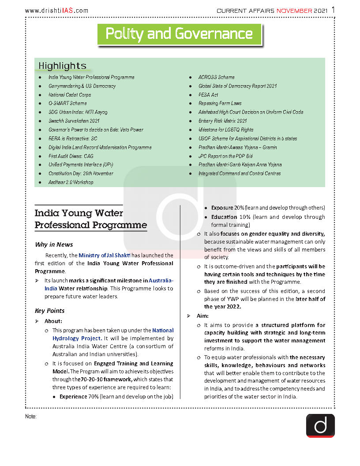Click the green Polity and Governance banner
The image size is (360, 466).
pos(179,34)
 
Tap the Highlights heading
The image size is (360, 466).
pos(62,66)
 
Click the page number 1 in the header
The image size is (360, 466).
pos(333,10)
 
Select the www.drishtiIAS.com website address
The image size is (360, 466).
pos(56,11)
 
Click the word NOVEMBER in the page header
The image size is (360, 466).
pos(295,11)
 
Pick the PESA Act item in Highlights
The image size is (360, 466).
pos(208,95)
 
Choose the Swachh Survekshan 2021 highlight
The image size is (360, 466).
pos(74,121)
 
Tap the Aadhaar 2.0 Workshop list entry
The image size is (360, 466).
pos(71,182)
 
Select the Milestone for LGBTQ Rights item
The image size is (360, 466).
pos(226,130)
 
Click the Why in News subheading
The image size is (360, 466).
pos(54,244)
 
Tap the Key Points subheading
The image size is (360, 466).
pos(50,311)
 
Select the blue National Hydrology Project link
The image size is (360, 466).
pos(113,334)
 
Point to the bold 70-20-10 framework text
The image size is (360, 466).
pos(101,380)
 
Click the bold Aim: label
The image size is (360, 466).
pos(202,316)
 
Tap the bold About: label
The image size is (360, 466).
pos(53,321)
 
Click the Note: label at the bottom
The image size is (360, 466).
pos(31,417)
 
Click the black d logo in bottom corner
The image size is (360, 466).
pos(320,425)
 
